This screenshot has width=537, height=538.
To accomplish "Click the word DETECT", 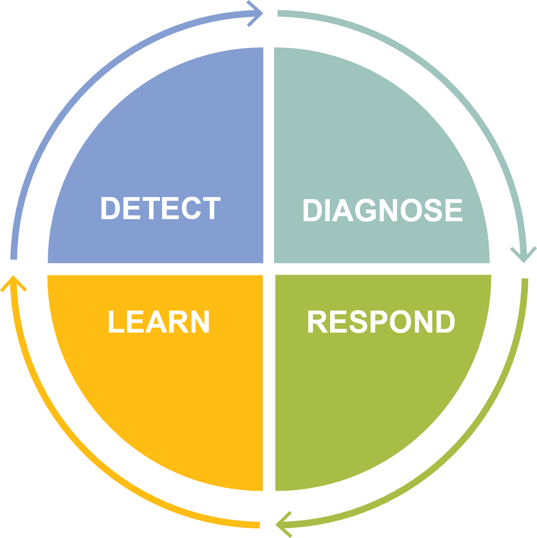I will coord(160,208).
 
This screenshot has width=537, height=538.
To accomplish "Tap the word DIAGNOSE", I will coord(382,210).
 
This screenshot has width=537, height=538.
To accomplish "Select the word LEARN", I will coord(159,322).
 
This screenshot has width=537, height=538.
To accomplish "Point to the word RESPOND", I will coord(381,322).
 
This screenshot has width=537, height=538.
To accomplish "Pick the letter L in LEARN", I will coord(115,322).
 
